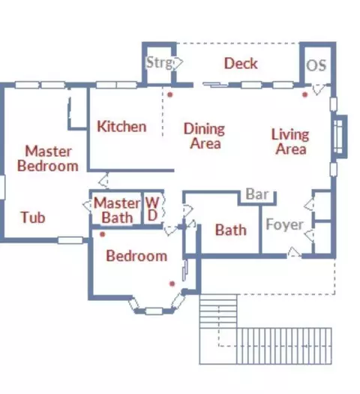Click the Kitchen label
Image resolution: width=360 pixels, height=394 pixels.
point(121,126)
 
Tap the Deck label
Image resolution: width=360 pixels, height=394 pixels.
point(241,63)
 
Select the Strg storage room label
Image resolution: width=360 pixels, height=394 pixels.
point(160,62)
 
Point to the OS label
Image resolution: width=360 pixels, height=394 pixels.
point(316,65)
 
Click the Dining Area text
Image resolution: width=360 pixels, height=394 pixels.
point(205,136)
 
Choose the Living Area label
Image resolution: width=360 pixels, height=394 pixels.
point(290,142)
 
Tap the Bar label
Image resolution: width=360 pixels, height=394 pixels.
point(257,194)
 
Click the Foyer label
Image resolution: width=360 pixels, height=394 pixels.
point(284,224)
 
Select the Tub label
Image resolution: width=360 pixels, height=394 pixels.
point(33,218)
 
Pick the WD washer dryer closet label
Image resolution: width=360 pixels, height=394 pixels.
point(152,209)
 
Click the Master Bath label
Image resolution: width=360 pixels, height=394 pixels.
point(117,210)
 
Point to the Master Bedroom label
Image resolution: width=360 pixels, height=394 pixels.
point(48,158)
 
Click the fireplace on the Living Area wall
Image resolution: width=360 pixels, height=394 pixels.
point(340,137)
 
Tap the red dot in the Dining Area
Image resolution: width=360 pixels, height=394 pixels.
point(170,95)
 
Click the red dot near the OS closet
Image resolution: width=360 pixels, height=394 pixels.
point(304,95)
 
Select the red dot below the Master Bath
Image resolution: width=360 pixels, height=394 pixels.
point(102,234)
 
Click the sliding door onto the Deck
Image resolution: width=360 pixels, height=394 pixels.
point(215,85)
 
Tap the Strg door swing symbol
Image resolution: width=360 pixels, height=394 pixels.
point(178,62)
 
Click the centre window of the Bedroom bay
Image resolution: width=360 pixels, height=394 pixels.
point(154,311)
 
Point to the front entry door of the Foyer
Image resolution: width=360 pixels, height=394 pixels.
point(294,252)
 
